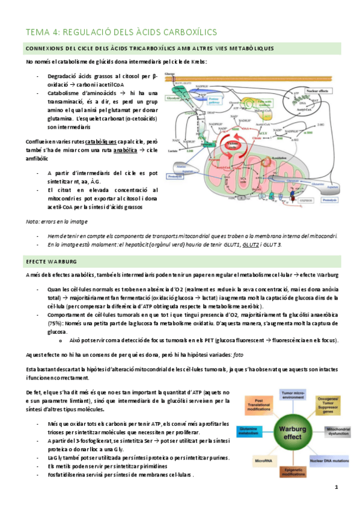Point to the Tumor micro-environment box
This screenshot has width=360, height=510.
pos(292,393)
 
